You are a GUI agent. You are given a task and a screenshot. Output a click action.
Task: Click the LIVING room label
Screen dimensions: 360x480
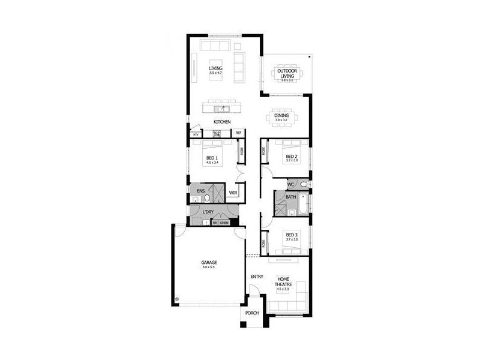pos(215,68)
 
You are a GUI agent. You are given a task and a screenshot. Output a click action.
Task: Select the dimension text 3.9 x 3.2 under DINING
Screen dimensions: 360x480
pos(281,121)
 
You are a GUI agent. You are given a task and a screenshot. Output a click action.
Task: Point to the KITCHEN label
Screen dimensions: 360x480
pos(222,122)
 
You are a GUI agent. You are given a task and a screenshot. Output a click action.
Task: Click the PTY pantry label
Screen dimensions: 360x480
pos(196,135)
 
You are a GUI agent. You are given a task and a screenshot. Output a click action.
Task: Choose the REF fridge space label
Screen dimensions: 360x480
pos(238,133)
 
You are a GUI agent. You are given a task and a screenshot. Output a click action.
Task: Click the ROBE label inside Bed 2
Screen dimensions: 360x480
pos(263,152)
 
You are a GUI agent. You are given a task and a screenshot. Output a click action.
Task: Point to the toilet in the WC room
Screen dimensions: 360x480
pos(304,184)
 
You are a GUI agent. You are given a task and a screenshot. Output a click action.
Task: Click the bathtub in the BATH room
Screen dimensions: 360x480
pos(304,205)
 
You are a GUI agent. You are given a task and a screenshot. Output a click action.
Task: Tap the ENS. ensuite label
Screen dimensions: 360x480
pos(201,191)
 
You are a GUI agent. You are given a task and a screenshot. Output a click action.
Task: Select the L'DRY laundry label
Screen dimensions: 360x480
pos(208,212)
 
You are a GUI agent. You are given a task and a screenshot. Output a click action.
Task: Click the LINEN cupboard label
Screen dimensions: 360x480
pos(224,223)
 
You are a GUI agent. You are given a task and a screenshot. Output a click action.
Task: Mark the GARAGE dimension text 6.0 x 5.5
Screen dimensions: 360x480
pos(208,267)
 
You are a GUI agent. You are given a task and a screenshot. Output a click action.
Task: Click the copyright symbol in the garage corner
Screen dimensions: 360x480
pos(177,298)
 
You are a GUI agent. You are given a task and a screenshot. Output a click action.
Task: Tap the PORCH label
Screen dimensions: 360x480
pos(252,314)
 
